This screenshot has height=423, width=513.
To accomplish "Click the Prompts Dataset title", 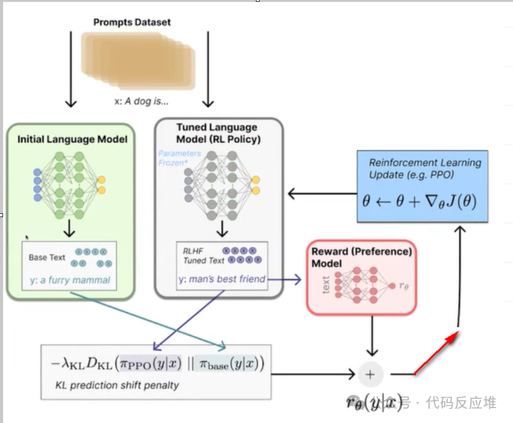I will (x=132, y=22).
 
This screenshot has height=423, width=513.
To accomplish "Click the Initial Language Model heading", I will (x=72, y=139).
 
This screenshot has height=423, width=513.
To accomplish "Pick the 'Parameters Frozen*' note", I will (x=180, y=158).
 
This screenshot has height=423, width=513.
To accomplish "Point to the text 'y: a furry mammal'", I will (x=70, y=280).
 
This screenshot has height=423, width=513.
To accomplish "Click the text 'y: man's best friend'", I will (x=222, y=279).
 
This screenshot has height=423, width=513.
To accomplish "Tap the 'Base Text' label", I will (x=47, y=257).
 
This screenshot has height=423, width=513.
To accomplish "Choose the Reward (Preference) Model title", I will (x=361, y=258).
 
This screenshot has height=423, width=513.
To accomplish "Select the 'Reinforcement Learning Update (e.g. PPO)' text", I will (x=425, y=169).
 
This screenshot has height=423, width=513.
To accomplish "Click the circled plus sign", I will (x=370, y=374).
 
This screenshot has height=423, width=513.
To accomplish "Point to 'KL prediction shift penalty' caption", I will (x=116, y=385).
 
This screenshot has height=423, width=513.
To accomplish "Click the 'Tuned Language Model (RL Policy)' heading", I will (x=217, y=133).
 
